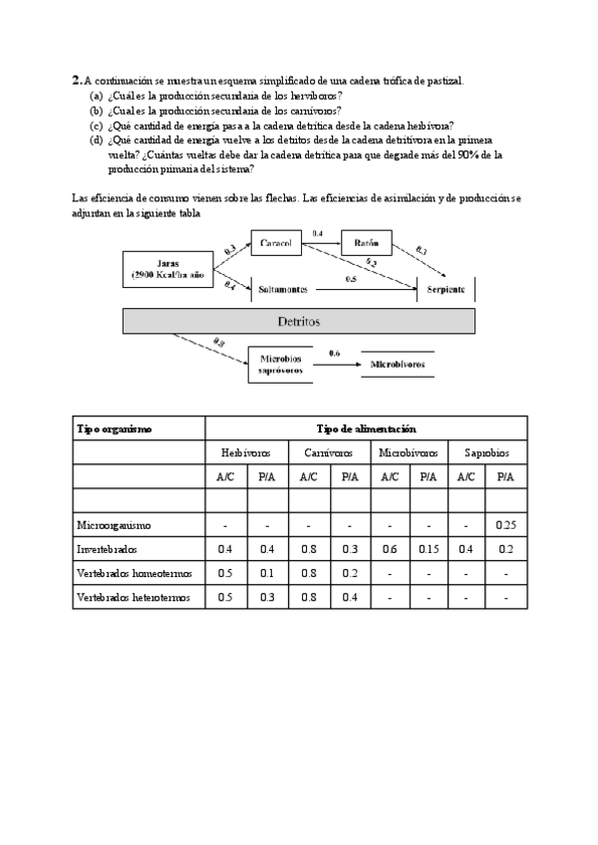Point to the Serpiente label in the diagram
coord(446,288)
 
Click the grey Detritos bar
coord(298,321)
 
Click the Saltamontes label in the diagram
coord(283,288)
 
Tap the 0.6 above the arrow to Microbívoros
coord(335,354)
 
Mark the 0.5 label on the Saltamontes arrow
coord(351,280)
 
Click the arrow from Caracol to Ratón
coord(322,243)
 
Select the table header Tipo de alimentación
coord(366,428)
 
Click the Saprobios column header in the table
coord(486,452)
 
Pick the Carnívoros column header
coord(328,452)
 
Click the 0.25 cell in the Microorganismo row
coord(507,524)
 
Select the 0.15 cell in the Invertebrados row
coord(427,549)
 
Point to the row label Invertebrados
coord(109,549)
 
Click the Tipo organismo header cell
coord(115,428)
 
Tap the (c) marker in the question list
coord(96,126)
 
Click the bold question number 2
coord(76,79)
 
